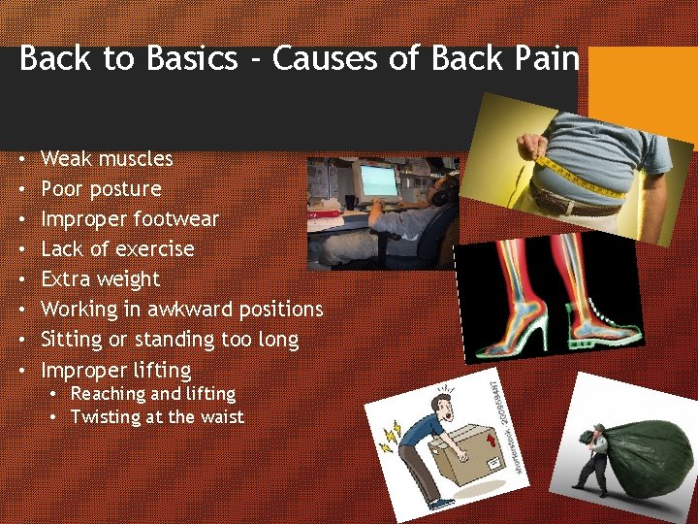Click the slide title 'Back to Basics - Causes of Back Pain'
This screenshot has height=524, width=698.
point(299,59)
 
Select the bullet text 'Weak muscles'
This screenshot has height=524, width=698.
point(107,158)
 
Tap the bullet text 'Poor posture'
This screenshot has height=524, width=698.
point(101,188)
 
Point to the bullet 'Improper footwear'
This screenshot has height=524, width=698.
point(130,218)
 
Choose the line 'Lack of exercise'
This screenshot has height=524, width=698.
point(117,248)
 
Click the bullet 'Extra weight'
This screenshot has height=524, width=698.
point(101,278)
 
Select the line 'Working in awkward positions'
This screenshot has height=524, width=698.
point(182,309)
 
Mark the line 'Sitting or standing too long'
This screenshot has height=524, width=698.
point(170,340)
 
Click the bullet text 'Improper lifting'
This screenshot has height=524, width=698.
point(116,370)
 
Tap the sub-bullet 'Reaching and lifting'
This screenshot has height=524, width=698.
point(153,394)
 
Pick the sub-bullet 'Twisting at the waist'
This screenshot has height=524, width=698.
point(157,417)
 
